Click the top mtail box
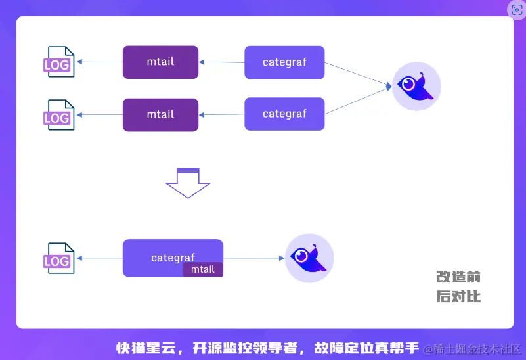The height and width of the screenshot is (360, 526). [160, 62]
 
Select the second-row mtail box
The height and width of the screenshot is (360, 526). [160, 115]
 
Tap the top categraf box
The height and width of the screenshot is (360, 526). [284, 62]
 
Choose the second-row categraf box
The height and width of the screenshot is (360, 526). [284, 114]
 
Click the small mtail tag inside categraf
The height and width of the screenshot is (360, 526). [203, 269]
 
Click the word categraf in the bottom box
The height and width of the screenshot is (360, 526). [173, 258]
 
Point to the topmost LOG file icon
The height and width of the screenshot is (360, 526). [58, 62]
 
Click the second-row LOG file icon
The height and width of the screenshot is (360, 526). [58, 115]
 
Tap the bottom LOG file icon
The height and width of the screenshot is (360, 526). [58, 258]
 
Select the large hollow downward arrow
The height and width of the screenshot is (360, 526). [188, 183]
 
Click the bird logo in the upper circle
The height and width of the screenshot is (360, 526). [416, 86]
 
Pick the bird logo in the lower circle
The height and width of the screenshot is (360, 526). [308, 258]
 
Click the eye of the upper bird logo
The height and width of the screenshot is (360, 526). [408, 83]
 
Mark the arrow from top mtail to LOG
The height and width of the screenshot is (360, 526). [100, 62]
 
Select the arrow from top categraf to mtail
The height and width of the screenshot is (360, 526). [221, 62]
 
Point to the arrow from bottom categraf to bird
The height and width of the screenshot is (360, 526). [254, 258]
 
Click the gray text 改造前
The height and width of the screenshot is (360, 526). [458, 277]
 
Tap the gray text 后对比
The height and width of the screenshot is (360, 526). [458, 296]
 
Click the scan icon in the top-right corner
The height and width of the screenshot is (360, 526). [517, 9]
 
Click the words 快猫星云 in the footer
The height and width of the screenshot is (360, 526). [146, 348]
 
